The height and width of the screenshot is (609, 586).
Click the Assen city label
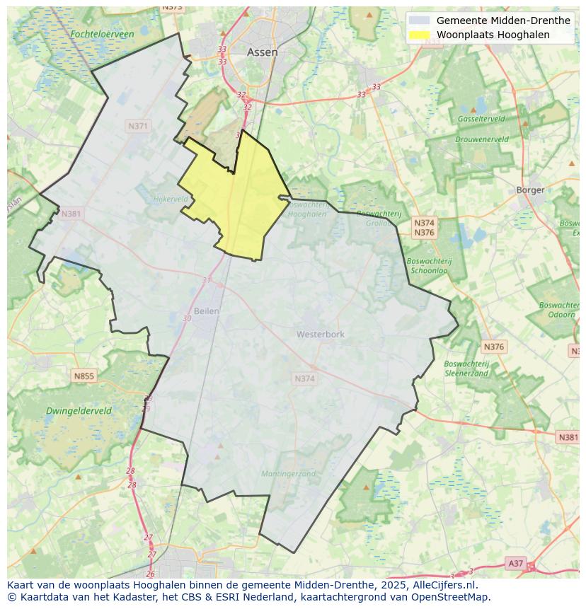click(262, 52)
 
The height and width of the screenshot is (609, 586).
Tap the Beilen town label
click(207, 311)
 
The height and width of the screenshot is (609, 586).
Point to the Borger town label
click(530, 190)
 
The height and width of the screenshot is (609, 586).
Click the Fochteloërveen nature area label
click(102, 34)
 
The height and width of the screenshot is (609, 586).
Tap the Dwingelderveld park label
click(79, 410)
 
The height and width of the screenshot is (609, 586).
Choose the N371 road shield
click(138, 126)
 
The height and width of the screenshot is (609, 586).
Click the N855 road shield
click(84, 376)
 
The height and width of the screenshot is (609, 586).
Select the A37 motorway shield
click(515, 563)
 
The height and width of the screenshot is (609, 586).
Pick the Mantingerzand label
click(288, 474)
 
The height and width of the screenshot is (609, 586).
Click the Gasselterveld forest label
click(481, 119)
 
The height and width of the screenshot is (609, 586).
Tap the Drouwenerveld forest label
click(481, 139)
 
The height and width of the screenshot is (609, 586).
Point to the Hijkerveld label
click(171, 199)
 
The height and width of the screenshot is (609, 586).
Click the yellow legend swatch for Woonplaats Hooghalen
click(419, 35)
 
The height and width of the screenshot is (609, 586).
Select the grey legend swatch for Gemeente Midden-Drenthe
click(419, 21)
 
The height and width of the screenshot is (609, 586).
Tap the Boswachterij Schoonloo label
click(429, 265)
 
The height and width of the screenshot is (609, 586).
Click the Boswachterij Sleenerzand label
click(466, 369)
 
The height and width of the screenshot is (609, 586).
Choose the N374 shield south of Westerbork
click(304, 379)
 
